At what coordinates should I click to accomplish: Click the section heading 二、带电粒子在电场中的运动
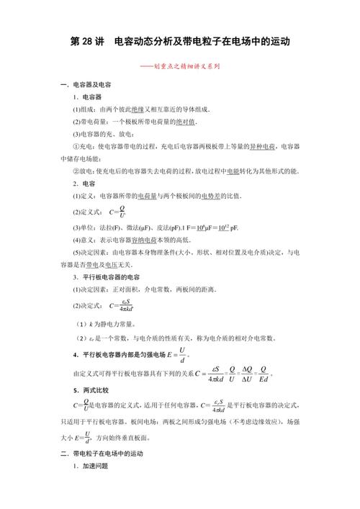pos(102,454)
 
